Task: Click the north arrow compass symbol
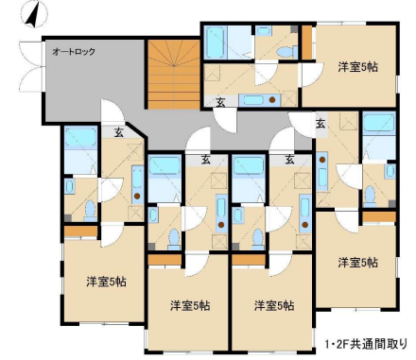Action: pyautogui.click(x=33, y=15)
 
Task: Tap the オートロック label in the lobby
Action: pyautogui.click(x=74, y=51)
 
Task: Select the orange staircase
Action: pyautogui.click(x=174, y=75)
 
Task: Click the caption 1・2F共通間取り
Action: pyautogui.click(x=367, y=344)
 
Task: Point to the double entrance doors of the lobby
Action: pyautogui.click(x=31, y=66)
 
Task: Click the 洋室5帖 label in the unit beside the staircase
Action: pyautogui.click(x=357, y=67)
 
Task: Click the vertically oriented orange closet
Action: pyautogui.click(x=307, y=43)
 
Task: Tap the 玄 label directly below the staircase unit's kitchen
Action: pyautogui.click(x=220, y=101)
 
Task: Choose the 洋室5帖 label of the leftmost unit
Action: pyautogui.click(x=107, y=282)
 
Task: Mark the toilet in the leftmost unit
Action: pyautogui.click(x=91, y=211)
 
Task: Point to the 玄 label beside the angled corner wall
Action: pyautogui.click(x=119, y=132)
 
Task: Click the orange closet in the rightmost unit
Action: pyautogui.click(x=379, y=216)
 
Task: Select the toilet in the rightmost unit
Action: pyautogui.click(x=370, y=196)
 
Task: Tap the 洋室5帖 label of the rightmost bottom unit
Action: pyautogui.click(x=357, y=263)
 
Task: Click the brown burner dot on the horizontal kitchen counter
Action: pyautogui.click(x=272, y=100)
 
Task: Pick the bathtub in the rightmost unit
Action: pyautogui.click(x=379, y=124)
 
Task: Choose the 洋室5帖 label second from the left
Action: pyautogui.click(x=190, y=305)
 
